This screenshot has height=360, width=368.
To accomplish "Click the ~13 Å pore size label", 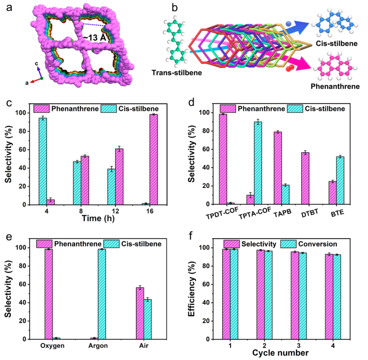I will click(x=95, y=38).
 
